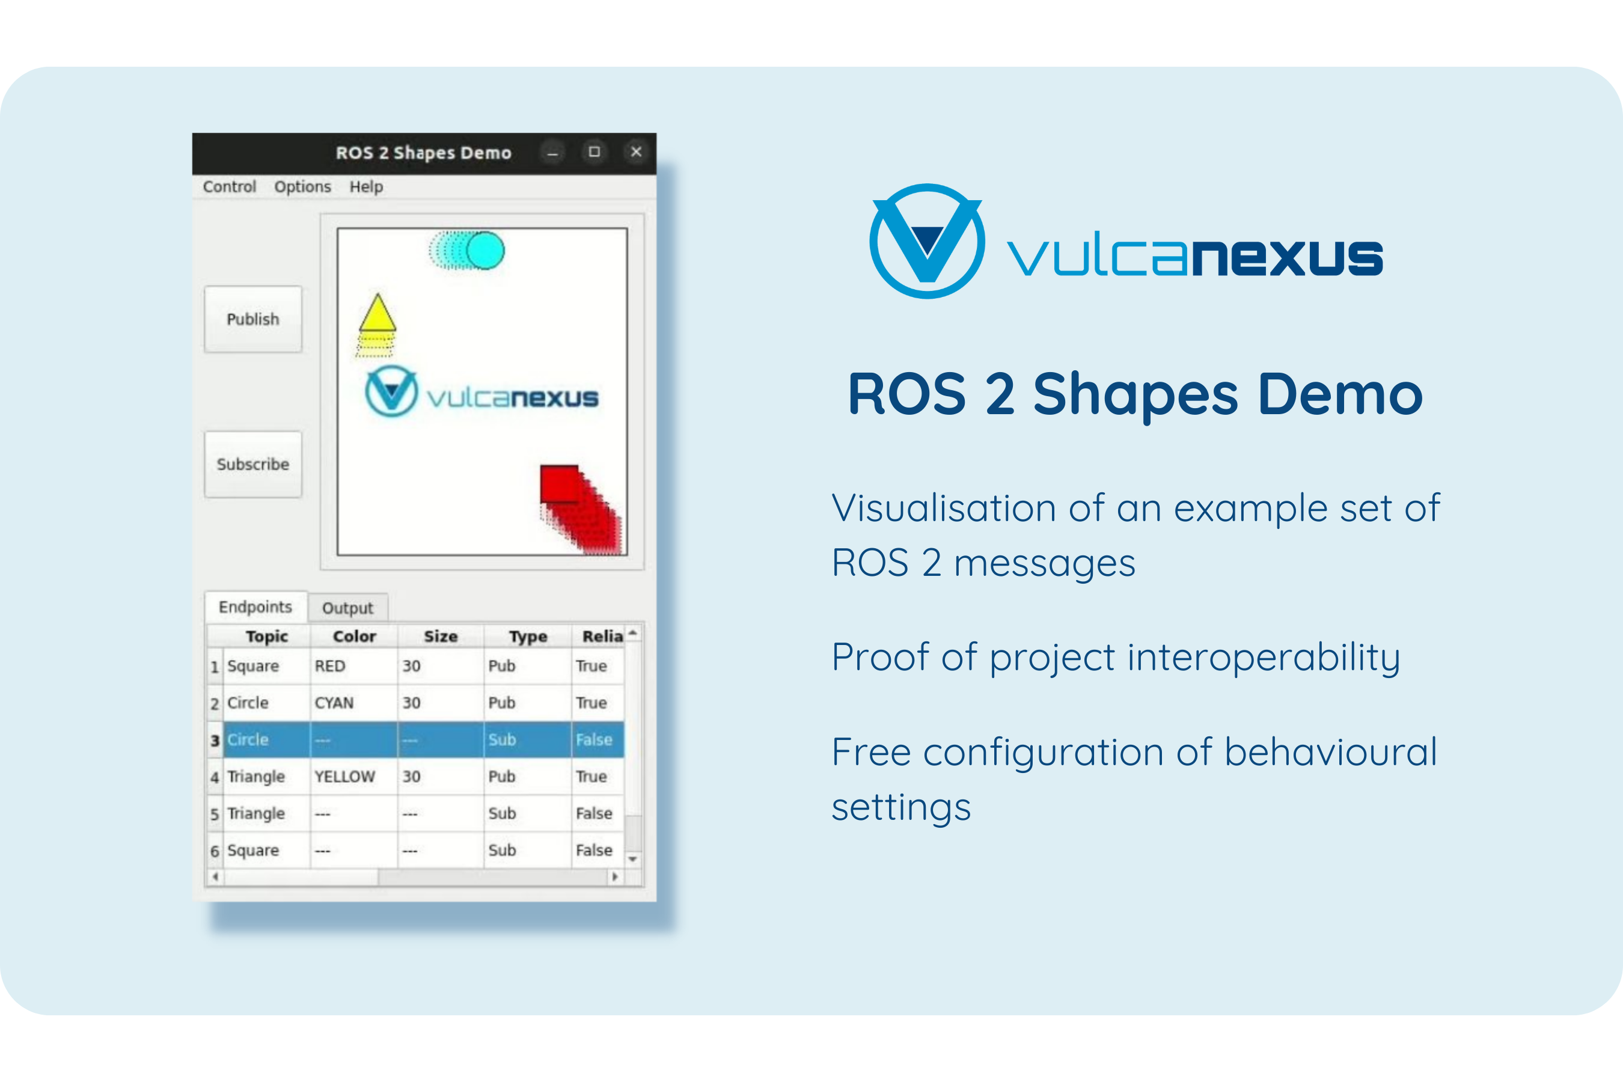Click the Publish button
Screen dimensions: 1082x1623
[x=252, y=319]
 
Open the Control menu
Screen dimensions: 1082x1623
[x=229, y=186]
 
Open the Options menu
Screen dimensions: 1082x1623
[x=302, y=186]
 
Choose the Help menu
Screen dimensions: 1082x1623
[x=365, y=186]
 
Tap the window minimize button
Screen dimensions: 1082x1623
[x=552, y=152]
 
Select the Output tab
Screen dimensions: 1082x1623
[x=347, y=608]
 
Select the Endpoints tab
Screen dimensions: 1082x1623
[x=255, y=607]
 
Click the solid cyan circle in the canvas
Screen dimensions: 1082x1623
[x=485, y=251]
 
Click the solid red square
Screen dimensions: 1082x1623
[x=559, y=484]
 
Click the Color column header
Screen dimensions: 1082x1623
[x=354, y=636]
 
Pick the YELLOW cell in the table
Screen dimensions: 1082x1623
[x=344, y=776]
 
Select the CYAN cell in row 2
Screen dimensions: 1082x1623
[x=334, y=703]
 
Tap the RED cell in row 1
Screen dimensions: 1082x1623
[x=330, y=666]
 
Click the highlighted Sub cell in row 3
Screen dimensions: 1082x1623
[x=503, y=740]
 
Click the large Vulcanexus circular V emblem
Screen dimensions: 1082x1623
[x=927, y=241]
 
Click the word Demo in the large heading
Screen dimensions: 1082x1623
[x=1340, y=394]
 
